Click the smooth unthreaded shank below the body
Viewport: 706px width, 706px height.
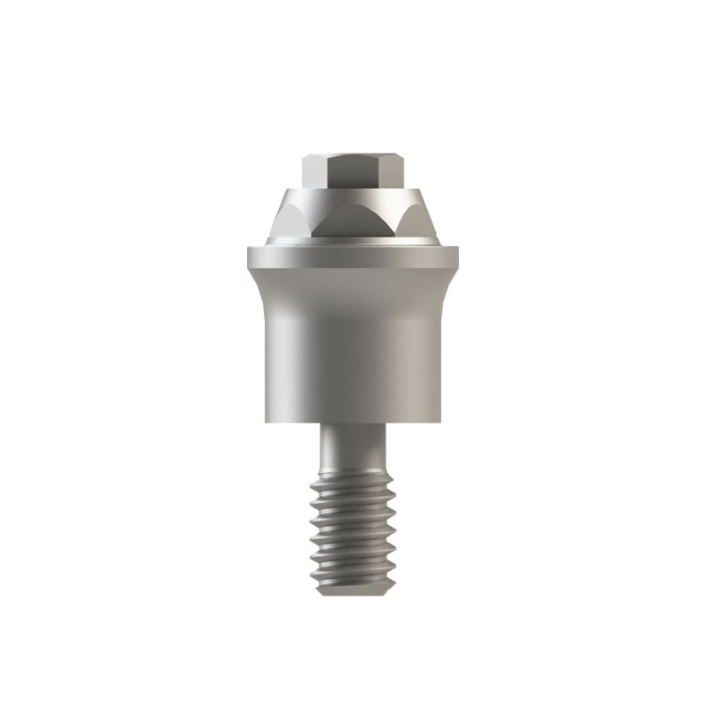pyautogui.click(x=353, y=446)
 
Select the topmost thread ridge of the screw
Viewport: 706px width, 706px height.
pyautogui.click(x=353, y=477)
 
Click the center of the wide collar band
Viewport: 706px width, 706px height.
pyautogui.click(x=353, y=258)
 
